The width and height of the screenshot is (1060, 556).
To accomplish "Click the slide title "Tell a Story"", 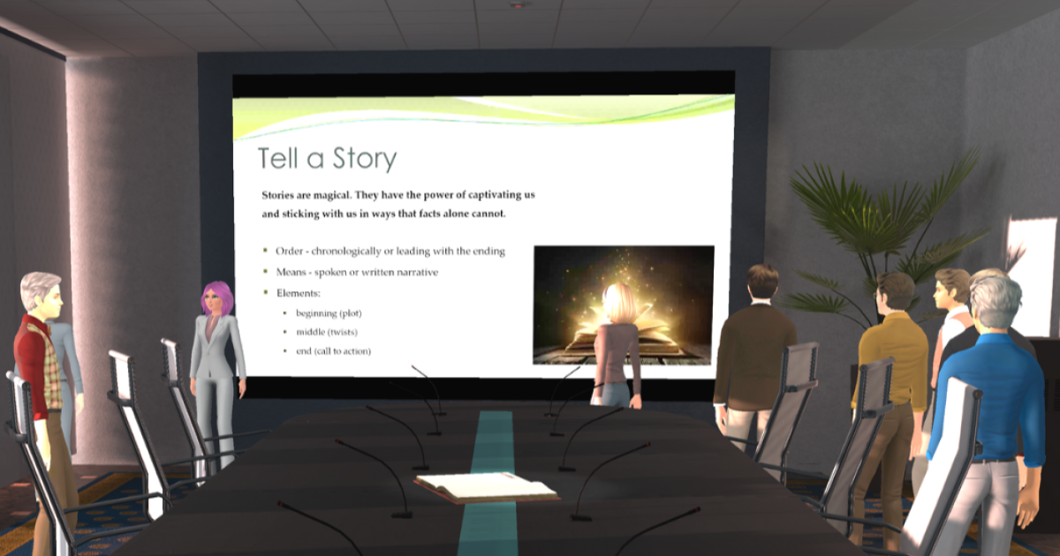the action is click(327, 158).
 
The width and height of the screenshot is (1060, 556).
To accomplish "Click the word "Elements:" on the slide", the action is click(299, 293).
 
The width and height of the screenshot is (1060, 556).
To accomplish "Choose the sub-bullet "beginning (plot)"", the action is click(329, 313).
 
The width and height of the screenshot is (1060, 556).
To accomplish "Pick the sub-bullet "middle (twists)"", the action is click(327, 333).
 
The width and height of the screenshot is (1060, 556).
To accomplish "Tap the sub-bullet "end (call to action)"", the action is click(334, 351).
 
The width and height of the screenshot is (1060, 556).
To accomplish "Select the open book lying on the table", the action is click(487, 487).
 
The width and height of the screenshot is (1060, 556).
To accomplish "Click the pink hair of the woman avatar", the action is click(218, 296).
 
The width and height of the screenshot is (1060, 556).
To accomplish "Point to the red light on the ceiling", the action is click(519, 4).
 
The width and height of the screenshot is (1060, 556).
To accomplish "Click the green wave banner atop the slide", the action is click(484, 116).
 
